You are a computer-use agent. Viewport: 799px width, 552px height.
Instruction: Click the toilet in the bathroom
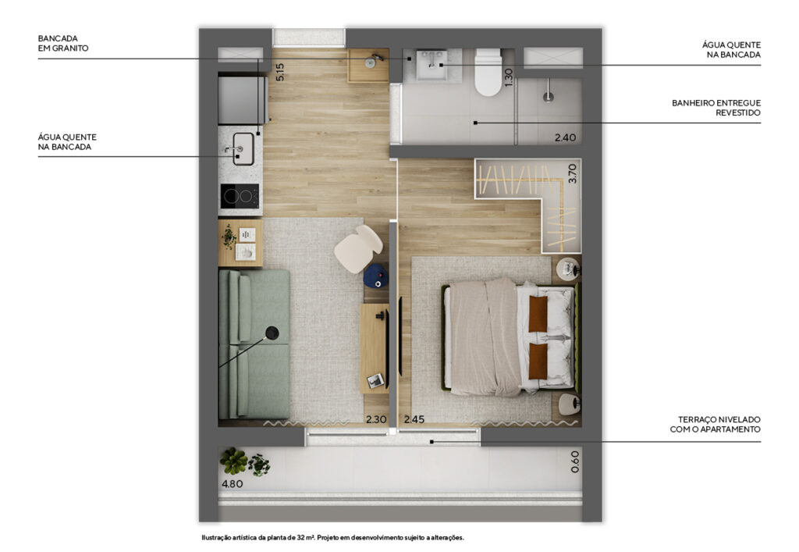pyautogui.click(x=488, y=72)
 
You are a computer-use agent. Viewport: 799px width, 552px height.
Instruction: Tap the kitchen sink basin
pyautogui.click(x=243, y=149)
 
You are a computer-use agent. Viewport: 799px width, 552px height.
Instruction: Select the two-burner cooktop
pyautogui.click(x=240, y=196)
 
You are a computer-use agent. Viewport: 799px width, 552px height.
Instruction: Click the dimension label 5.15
pyautogui.click(x=279, y=72)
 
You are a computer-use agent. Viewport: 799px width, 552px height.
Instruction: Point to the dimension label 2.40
pyautogui.click(x=565, y=137)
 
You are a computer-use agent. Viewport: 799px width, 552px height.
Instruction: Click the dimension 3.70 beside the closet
pyautogui.click(x=572, y=173)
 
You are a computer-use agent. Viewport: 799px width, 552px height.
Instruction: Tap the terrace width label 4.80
pyautogui.click(x=232, y=484)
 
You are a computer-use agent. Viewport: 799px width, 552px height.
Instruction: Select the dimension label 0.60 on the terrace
pyautogui.click(x=575, y=461)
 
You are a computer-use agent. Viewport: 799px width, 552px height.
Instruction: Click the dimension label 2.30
pyautogui.click(x=376, y=419)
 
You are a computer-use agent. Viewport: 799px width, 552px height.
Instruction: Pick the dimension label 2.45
pyautogui.click(x=414, y=419)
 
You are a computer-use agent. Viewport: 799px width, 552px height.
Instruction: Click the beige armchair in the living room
pyautogui.click(x=357, y=249)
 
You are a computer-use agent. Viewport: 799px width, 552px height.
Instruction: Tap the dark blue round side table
pyautogui.click(x=375, y=276)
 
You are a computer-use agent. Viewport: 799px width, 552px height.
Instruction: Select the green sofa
pyautogui.click(x=254, y=344)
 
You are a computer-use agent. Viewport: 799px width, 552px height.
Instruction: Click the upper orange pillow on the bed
pyautogui.click(x=538, y=313)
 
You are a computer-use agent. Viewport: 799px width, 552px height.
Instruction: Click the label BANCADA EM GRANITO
pyautogui.click(x=63, y=43)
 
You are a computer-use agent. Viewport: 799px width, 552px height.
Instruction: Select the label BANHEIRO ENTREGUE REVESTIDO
pyautogui.click(x=716, y=108)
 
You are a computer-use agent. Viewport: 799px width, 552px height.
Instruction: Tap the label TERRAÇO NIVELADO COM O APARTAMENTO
pyautogui.click(x=715, y=424)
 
